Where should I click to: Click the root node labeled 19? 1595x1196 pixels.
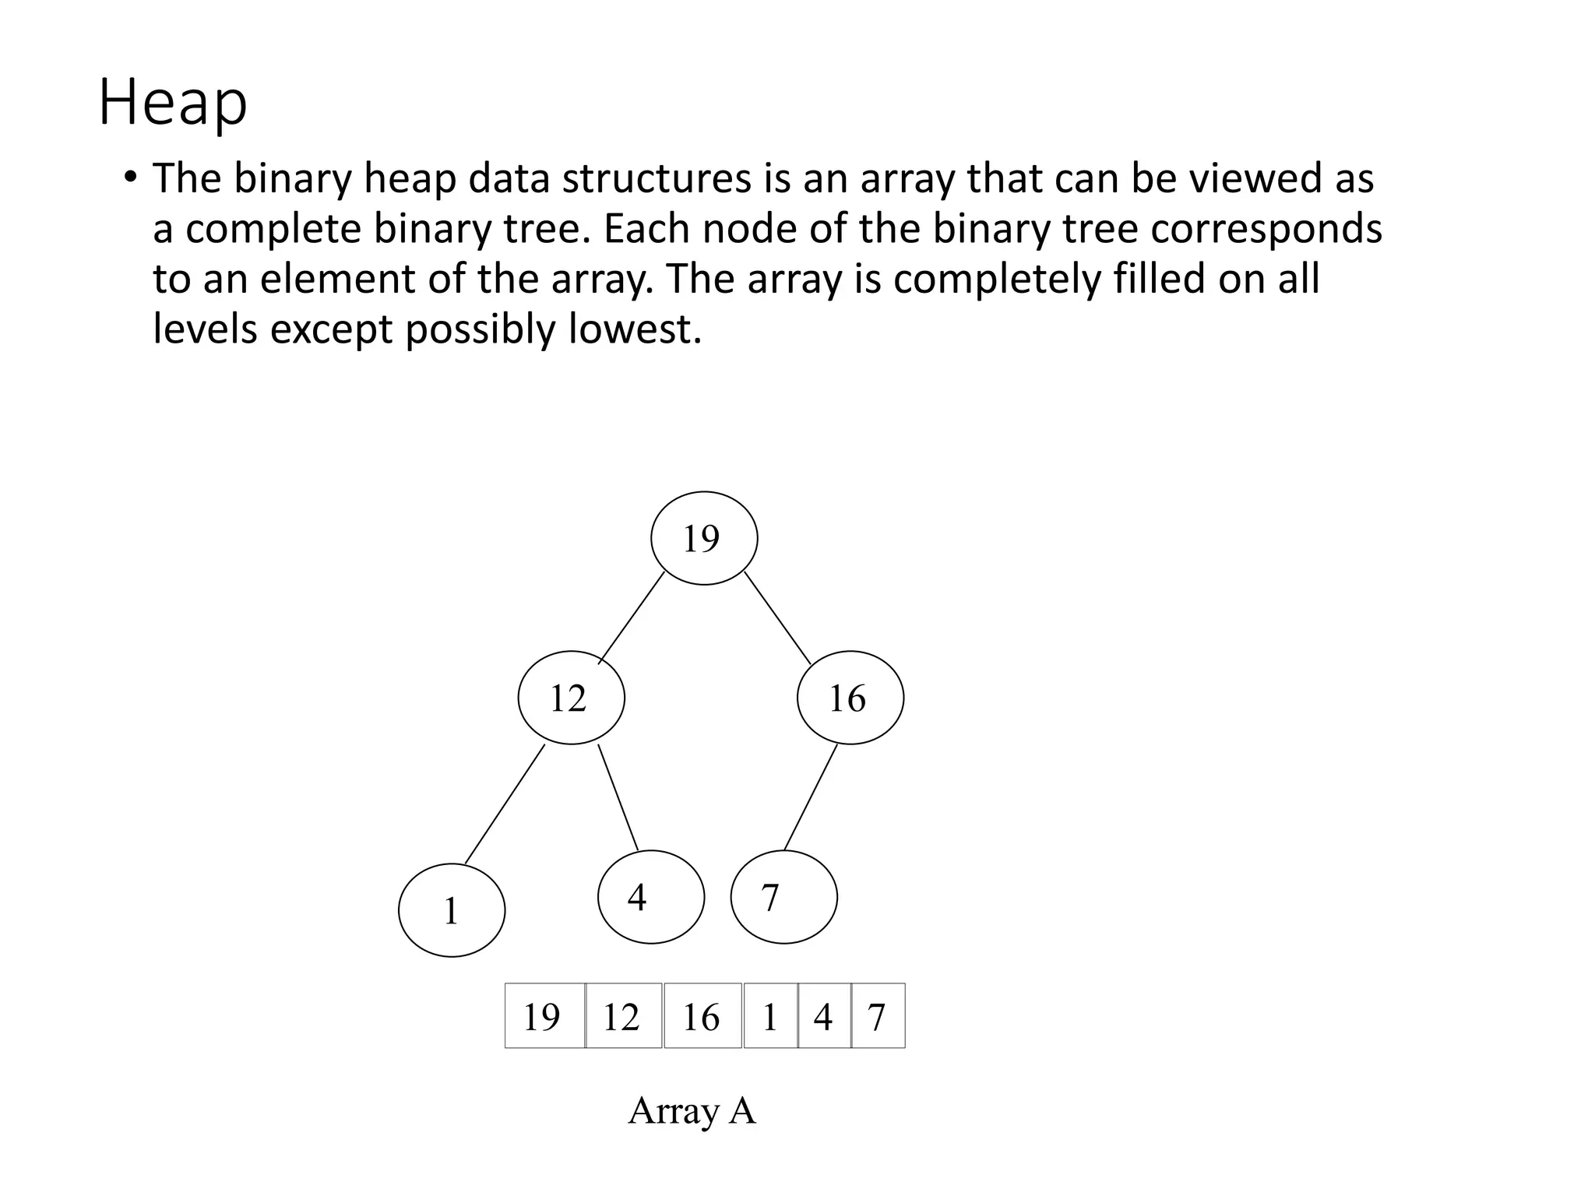pos(704,538)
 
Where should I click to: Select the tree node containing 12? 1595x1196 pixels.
pos(571,698)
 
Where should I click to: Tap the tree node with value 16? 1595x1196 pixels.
pos(850,698)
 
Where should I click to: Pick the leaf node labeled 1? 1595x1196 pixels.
pos(452,910)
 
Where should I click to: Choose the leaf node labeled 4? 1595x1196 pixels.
pos(651,897)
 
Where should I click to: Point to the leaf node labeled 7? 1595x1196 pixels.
pos(783,897)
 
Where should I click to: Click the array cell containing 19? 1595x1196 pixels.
pos(544,1016)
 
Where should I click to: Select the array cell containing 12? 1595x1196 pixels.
pos(624,1016)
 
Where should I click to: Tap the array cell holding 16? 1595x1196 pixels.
pos(702,1016)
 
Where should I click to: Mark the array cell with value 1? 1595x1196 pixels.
pos(771,1016)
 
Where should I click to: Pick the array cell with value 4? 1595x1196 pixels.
pos(825,1016)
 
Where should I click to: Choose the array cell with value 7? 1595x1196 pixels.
pos(878,1016)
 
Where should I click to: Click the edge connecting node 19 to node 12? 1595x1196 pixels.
pos(632,617)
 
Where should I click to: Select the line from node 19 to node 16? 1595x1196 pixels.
pos(777,617)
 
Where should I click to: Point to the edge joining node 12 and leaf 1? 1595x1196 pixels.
pos(505,804)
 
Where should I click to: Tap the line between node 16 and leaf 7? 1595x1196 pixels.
pos(810,797)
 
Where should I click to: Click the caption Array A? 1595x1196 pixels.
pos(692,1110)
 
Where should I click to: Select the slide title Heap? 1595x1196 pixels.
pos(173,104)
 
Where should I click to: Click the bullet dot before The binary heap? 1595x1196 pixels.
pos(129,178)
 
